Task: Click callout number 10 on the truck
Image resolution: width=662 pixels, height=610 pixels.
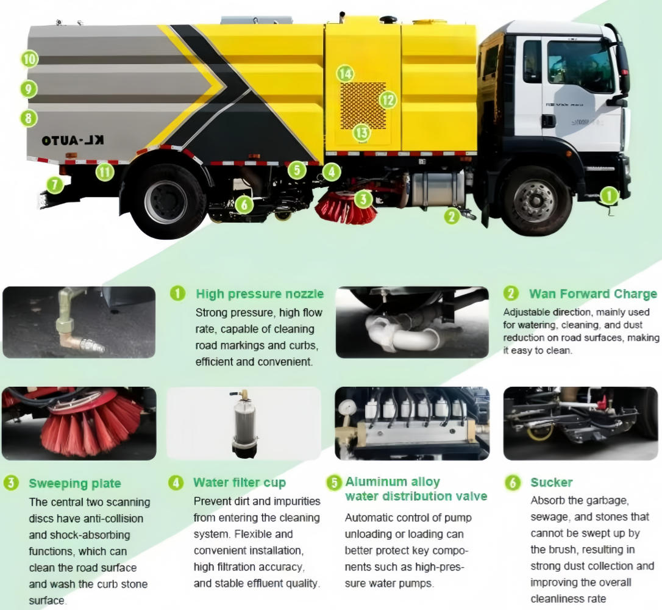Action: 29,59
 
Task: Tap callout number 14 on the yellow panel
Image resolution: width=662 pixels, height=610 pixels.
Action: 346,74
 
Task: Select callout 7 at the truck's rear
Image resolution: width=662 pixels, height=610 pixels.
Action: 55,184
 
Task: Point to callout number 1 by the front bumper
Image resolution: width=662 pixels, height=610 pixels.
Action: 609,195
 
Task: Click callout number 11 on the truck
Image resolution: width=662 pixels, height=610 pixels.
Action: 105,173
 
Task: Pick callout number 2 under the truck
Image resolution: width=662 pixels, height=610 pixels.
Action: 451,215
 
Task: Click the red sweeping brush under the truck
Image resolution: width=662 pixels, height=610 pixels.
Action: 345,206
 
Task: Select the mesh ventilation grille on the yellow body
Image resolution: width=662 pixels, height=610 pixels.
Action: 363,105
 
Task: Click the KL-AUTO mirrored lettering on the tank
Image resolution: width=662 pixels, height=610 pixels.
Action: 73,140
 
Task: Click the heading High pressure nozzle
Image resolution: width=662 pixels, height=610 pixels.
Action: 260,294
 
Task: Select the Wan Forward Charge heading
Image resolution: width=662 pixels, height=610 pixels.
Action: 593,294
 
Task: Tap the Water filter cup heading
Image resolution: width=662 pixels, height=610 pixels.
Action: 240,483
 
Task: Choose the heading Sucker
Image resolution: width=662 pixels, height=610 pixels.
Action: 552,483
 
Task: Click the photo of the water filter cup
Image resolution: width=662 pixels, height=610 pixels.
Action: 244,423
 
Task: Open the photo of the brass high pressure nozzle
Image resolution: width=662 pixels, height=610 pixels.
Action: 79,322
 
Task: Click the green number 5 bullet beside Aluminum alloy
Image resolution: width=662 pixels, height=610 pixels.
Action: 334,483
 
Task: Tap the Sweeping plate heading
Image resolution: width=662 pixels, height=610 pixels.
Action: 75,484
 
